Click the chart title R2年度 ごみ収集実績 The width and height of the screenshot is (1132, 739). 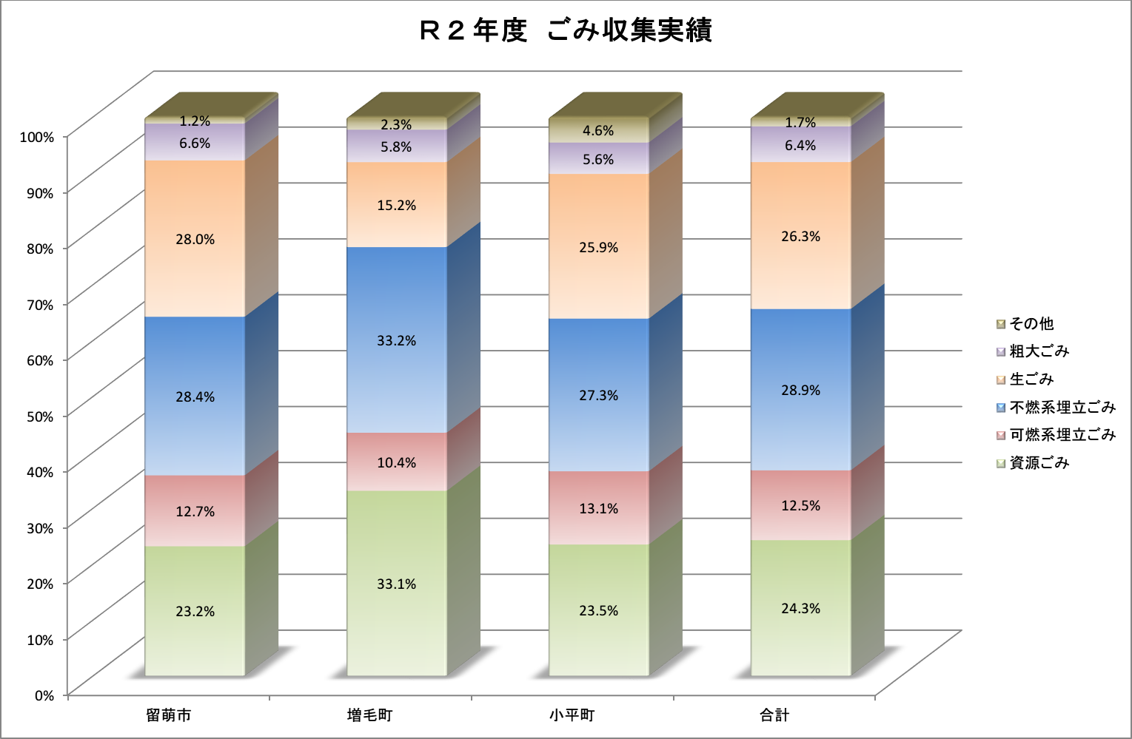pyautogui.click(x=566, y=30)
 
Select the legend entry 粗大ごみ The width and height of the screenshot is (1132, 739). pyautogui.click(x=1033, y=351)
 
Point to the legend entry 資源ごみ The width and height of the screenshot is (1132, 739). pyautogui.click(x=1033, y=463)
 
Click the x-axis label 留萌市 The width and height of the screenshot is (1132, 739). pyautogui.click(x=169, y=715)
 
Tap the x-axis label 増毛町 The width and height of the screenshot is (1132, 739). pyautogui.click(x=370, y=715)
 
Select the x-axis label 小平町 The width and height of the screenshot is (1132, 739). pyautogui.click(x=572, y=715)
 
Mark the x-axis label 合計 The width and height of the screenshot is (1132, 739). pyautogui.click(x=774, y=715)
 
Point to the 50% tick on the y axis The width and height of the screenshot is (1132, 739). pyautogui.click(x=40, y=416)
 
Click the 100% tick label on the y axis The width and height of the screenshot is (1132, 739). pyautogui.click(x=37, y=137)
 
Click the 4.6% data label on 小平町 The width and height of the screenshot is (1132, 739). pyautogui.click(x=598, y=131)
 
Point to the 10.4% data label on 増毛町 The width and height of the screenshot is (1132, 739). pyautogui.click(x=397, y=463)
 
